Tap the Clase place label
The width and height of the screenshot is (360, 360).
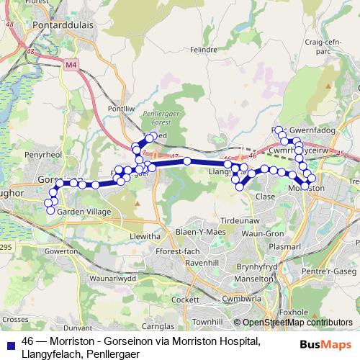click(266, 196)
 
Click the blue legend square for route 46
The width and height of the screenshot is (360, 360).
click(9, 341)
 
